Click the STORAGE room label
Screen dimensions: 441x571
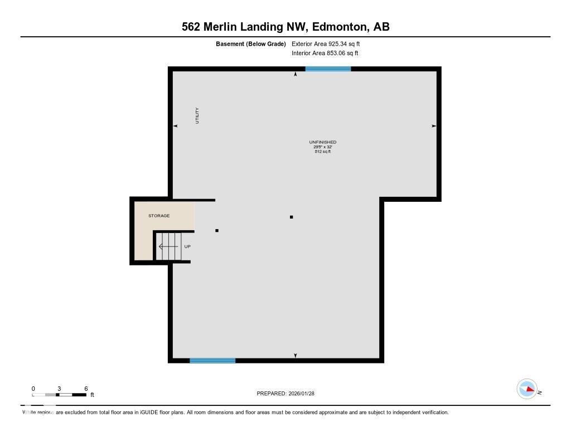pyautogui.click(x=159, y=216)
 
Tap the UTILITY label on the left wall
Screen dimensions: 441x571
pyautogui.click(x=197, y=115)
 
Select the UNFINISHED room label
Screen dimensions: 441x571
pyautogui.click(x=323, y=142)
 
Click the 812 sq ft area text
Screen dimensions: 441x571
pyautogui.click(x=323, y=152)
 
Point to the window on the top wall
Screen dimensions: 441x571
pyautogui.click(x=328, y=69)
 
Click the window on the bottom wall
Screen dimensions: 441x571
pyautogui.click(x=212, y=361)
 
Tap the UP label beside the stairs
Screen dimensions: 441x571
pyautogui.click(x=187, y=246)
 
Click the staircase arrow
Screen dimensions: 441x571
pyautogui.click(x=167, y=246)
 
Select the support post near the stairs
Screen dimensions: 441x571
pyautogui.click(x=217, y=230)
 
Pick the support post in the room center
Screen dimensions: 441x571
pyautogui.click(x=291, y=217)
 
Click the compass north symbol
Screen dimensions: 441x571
pyautogui.click(x=527, y=389)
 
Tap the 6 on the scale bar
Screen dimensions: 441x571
pyautogui.click(x=86, y=389)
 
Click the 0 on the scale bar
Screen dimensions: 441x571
pyautogui.click(x=33, y=389)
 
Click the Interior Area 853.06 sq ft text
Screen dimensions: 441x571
pyautogui.click(x=325, y=54)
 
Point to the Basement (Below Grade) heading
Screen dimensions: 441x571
pyautogui.click(x=251, y=43)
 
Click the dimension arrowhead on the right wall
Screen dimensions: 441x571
pyautogui.click(x=433, y=126)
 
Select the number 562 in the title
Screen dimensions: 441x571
pyautogui.click(x=191, y=27)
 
